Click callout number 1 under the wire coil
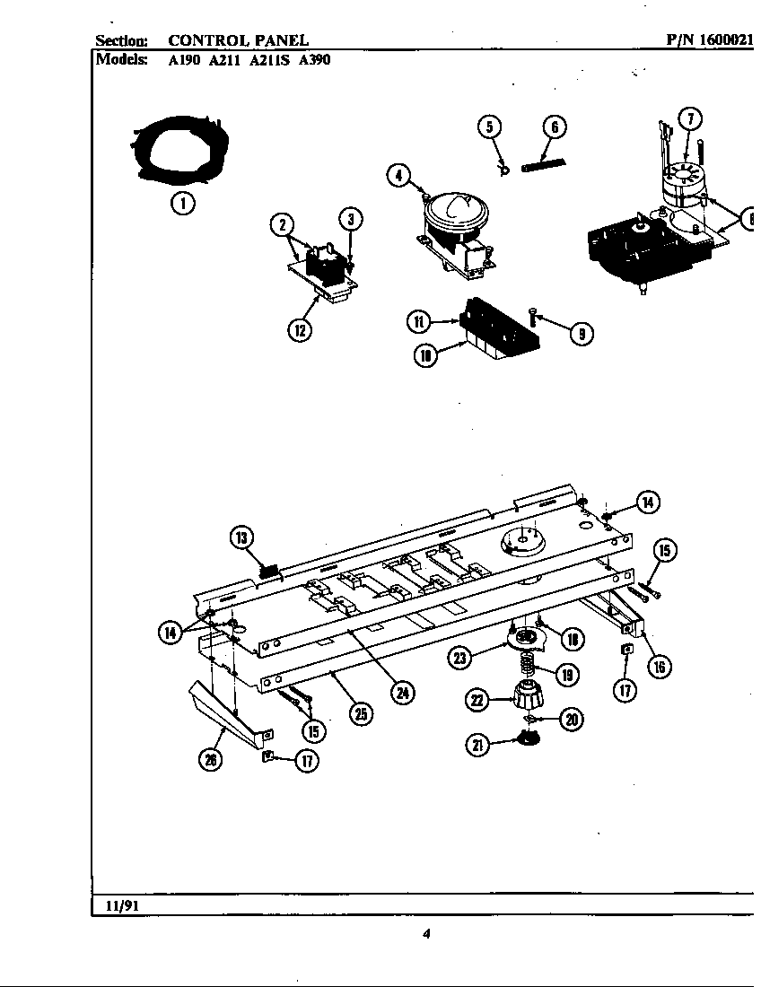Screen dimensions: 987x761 183,203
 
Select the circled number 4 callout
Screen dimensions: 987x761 399,175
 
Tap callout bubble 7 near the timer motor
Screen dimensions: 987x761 689,119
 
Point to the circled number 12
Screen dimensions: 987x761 300,330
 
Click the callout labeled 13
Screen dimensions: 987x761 241,537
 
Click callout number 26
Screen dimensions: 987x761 212,759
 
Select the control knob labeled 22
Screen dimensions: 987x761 528,694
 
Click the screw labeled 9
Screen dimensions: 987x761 533,315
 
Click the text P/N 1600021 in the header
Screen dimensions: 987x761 710,39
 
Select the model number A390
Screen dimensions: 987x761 314,63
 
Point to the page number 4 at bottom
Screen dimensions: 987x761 427,935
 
